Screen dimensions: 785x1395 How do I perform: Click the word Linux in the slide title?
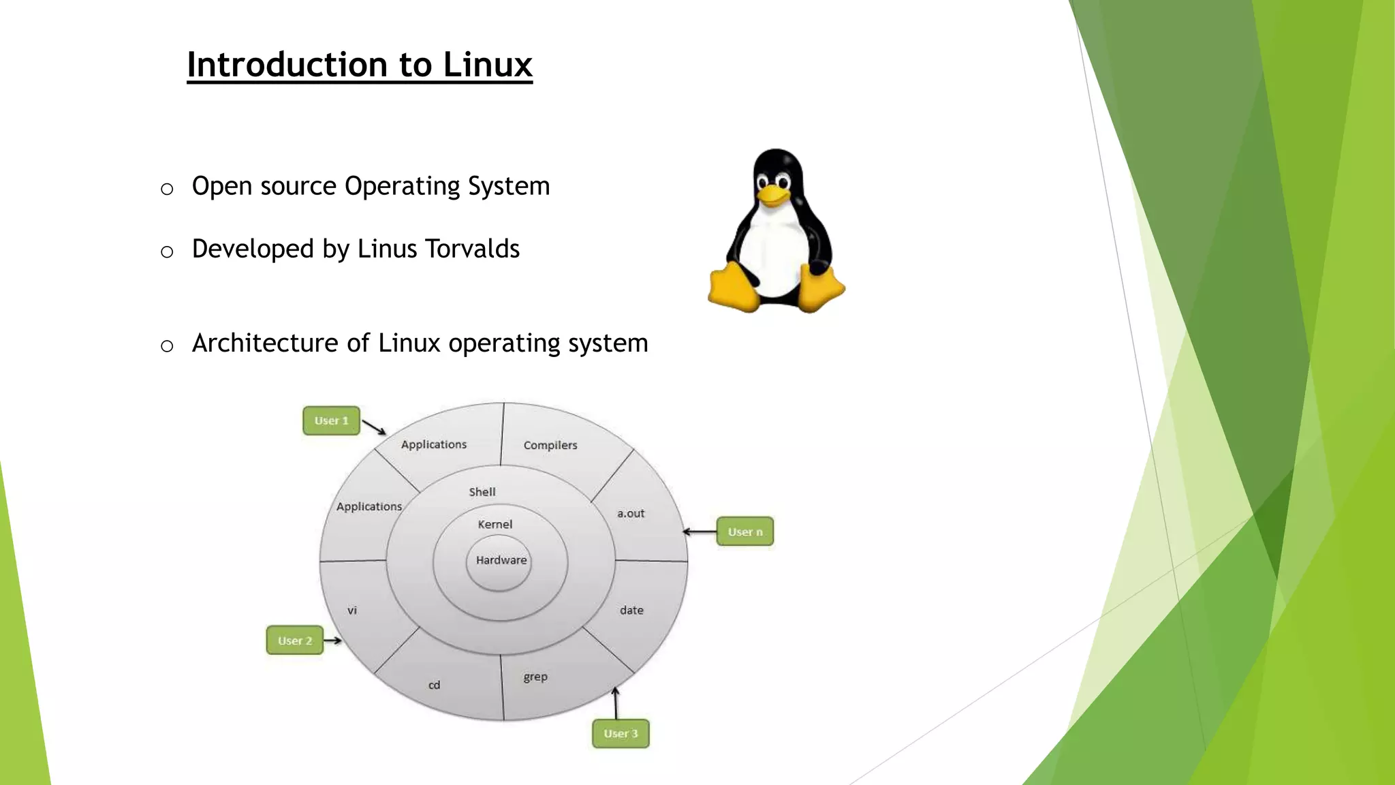pos(487,65)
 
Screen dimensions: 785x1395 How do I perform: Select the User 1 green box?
pos(331,421)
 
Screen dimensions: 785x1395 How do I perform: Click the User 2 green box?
pos(294,641)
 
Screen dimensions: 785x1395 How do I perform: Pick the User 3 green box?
pos(621,734)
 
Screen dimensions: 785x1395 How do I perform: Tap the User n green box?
pos(744,532)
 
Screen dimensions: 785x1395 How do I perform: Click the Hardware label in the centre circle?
pos(501,560)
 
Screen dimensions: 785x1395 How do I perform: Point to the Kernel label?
pos(495,524)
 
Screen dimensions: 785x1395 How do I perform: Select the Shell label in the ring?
pos(482,492)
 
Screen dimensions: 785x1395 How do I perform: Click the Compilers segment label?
pos(550,445)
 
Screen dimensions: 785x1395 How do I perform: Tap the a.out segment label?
pos(631,513)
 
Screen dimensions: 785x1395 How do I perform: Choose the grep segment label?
pos(535,677)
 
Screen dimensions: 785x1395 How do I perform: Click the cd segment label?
pos(434,685)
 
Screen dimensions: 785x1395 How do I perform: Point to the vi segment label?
pos(352,611)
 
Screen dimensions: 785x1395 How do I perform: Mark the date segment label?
pos(631,610)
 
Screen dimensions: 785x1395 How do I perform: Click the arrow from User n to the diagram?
pos(700,532)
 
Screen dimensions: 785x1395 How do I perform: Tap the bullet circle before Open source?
pos(167,189)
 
